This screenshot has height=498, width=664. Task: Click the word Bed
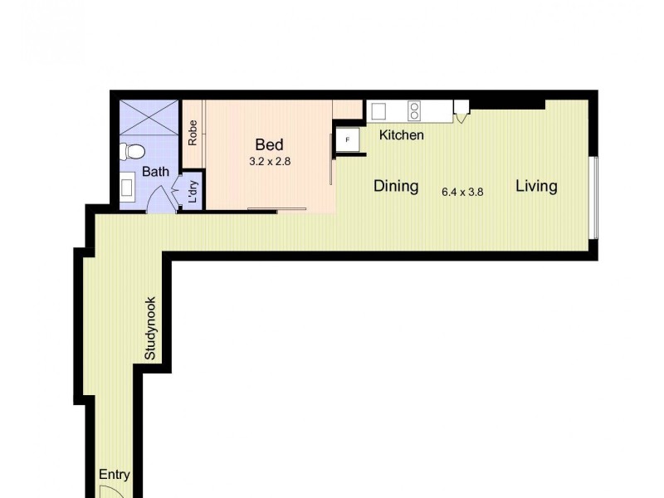[x=269, y=145]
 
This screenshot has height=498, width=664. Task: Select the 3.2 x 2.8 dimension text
[x=270, y=162]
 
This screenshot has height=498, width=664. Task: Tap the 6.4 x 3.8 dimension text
[x=462, y=192]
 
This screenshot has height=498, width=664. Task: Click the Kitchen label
[x=402, y=135]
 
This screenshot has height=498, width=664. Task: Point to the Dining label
[x=396, y=186]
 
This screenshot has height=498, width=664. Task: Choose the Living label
[x=536, y=186]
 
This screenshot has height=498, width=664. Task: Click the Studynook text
[x=151, y=329]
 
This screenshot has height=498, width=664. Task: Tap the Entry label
[x=115, y=475]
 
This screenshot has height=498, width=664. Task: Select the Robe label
[x=193, y=134]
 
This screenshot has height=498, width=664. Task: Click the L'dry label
[x=193, y=193]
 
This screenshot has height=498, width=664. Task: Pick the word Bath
[x=155, y=173]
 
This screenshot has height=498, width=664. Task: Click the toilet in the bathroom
[x=132, y=152]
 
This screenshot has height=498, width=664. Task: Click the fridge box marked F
[x=347, y=140]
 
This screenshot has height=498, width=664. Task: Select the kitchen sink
[x=379, y=111]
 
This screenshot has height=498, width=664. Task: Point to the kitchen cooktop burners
[x=414, y=110]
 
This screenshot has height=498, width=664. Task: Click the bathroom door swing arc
[x=160, y=199]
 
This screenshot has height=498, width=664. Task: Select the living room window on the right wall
[x=593, y=197]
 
